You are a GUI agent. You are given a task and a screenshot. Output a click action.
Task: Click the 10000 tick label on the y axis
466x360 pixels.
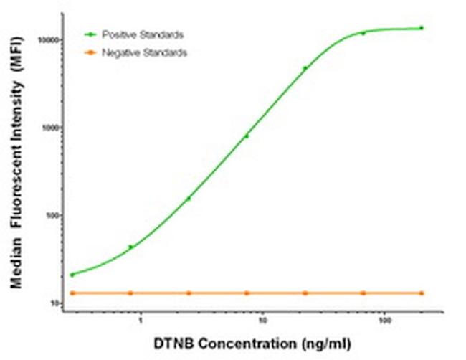click(x=48, y=41)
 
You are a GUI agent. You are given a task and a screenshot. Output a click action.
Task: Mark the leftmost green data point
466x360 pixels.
click(x=72, y=275)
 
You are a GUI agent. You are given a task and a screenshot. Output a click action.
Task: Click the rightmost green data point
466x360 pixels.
click(x=422, y=28)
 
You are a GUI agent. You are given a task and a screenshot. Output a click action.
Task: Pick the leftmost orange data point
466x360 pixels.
click(x=72, y=293)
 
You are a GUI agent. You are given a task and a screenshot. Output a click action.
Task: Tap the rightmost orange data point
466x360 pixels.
click(x=422, y=293)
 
